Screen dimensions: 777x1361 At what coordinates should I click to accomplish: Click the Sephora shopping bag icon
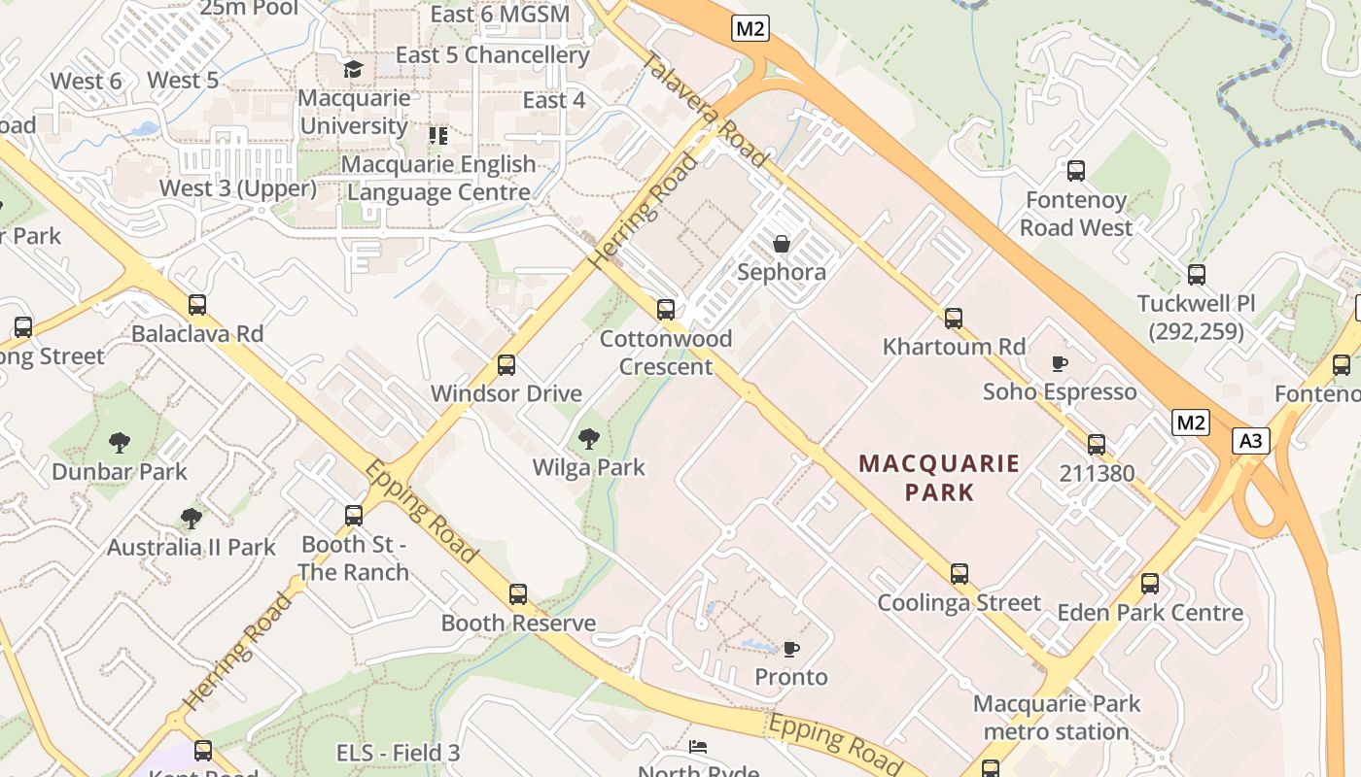tap(782, 244)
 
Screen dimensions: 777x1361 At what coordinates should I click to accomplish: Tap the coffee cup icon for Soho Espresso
tap(1060, 363)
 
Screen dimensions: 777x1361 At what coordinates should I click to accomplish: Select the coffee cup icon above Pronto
tap(791, 648)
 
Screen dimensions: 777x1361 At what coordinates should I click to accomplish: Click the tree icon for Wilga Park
tap(588, 438)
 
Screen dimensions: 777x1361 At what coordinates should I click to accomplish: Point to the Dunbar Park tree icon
tap(120, 443)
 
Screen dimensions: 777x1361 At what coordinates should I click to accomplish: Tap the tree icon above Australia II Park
tap(192, 518)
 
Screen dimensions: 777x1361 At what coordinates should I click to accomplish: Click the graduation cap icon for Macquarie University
tap(353, 69)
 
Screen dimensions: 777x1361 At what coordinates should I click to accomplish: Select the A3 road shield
tap(1251, 441)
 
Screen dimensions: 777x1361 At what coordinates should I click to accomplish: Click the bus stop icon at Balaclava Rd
tap(197, 305)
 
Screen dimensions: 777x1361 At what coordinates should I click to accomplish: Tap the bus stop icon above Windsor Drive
tap(506, 365)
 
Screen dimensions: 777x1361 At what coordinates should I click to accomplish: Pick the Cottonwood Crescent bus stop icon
tap(666, 310)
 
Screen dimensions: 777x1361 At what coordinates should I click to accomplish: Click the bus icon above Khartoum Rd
tap(954, 318)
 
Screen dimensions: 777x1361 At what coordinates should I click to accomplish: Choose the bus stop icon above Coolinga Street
tap(960, 573)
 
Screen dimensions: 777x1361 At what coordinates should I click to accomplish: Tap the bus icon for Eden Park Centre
tap(1150, 584)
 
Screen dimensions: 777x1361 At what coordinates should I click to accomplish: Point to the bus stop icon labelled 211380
tap(1097, 445)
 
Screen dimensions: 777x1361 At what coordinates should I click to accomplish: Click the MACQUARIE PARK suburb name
tap(939, 477)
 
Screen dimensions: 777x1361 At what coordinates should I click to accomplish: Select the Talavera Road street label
tap(707, 109)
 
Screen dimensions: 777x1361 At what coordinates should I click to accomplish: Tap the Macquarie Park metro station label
tap(1057, 717)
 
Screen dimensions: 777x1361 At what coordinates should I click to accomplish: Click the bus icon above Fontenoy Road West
tap(1076, 171)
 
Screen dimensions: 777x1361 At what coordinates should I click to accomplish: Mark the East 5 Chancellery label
tap(492, 55)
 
